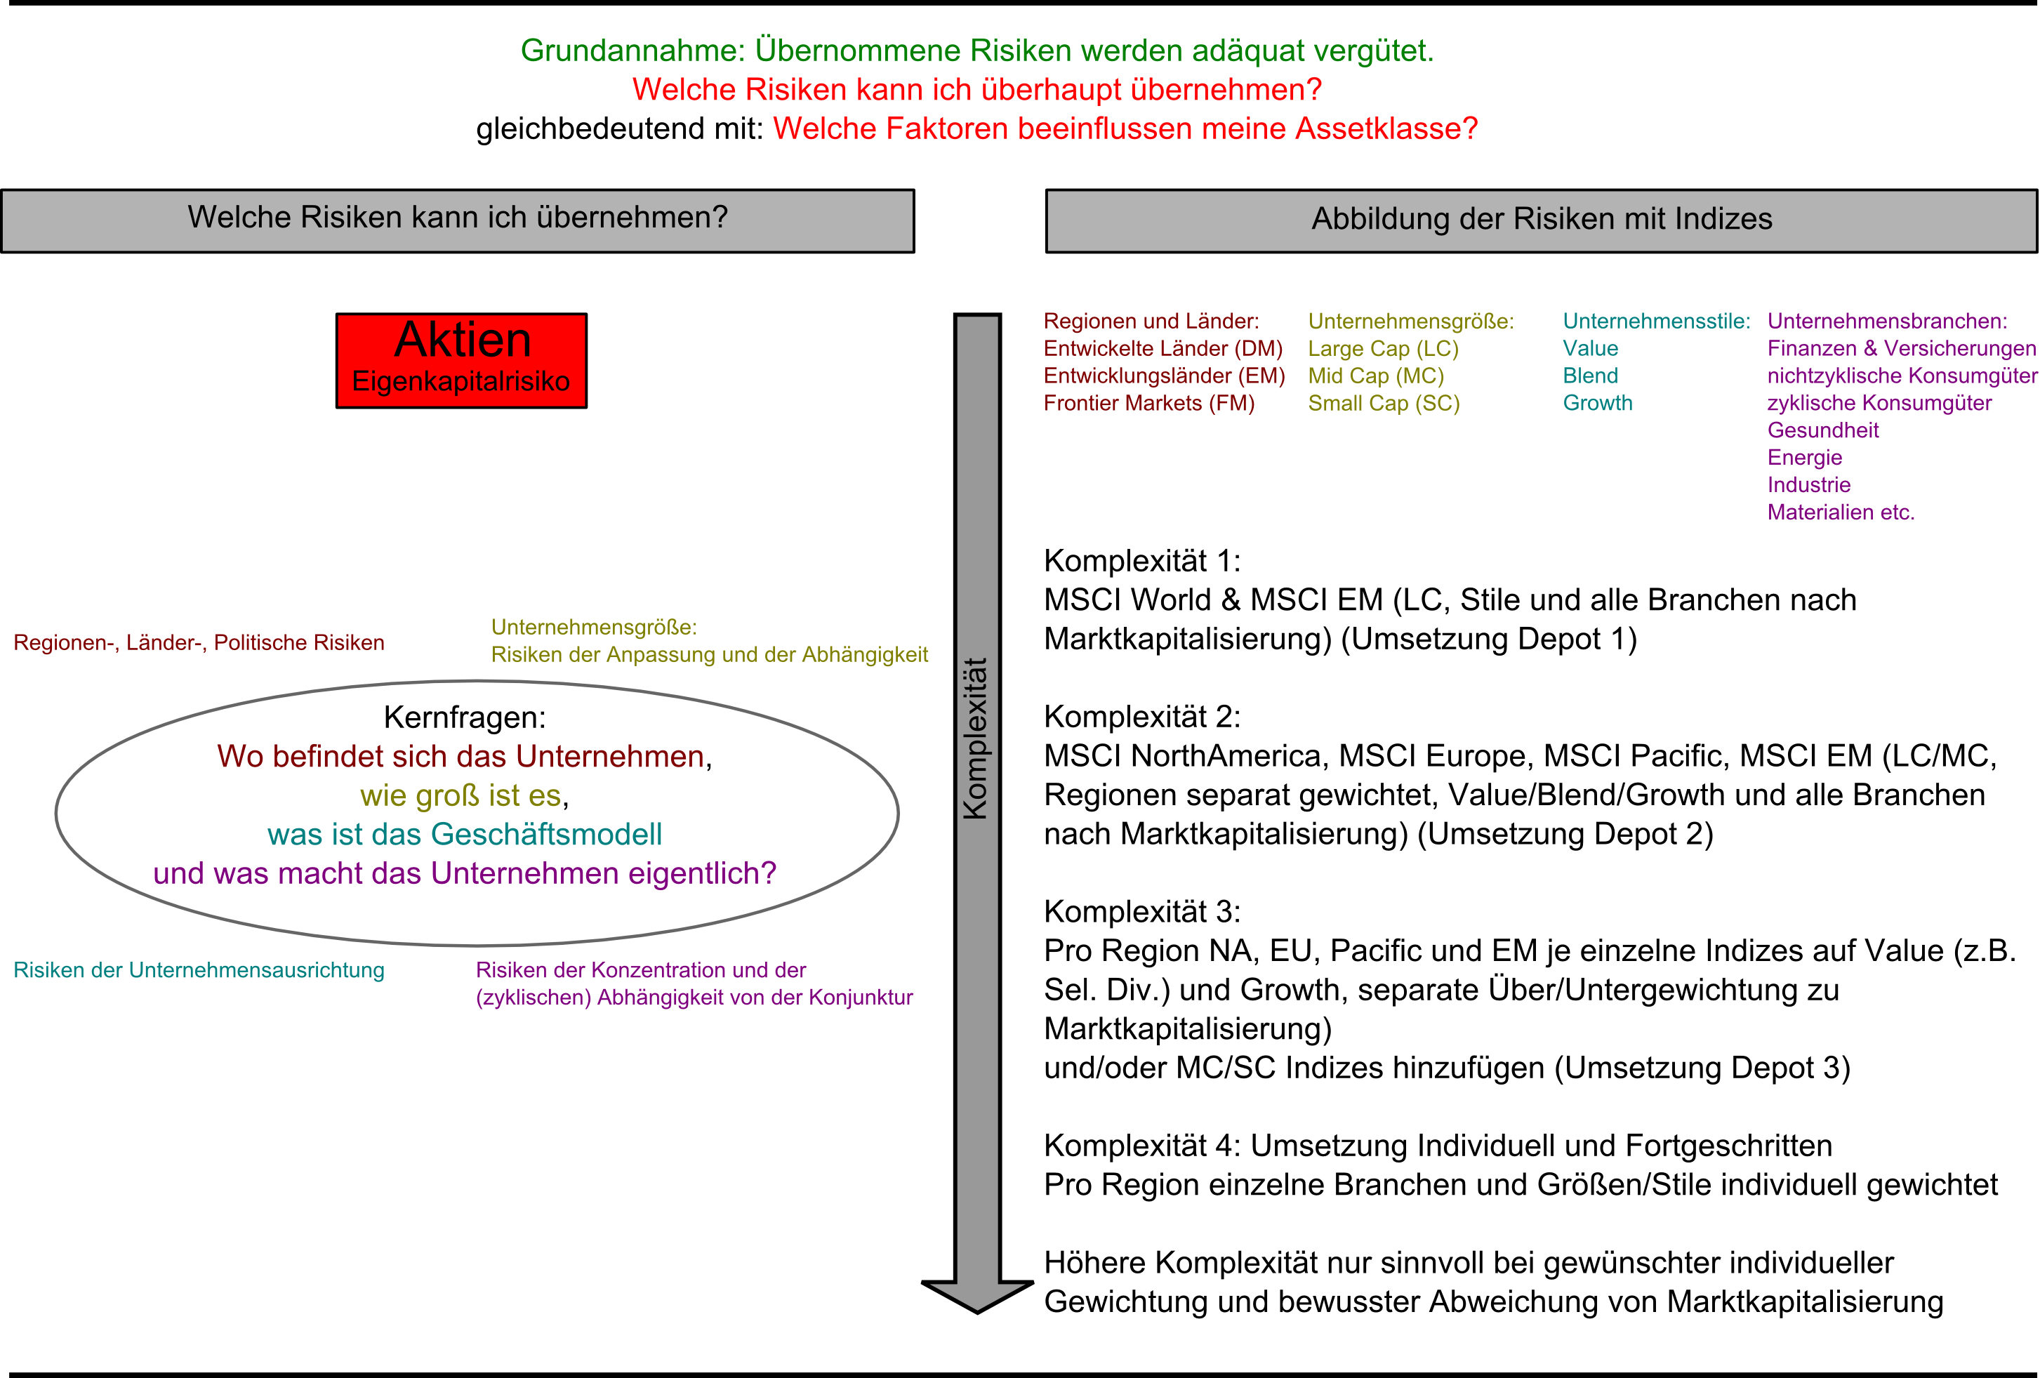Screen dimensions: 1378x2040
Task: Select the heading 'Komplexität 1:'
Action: pyautogui.click(x=1142, y=561)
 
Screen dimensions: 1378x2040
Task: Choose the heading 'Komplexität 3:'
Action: pyautogui.click(x=1142, y=912)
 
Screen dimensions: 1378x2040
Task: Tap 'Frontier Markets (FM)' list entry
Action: pyautogui.click(x=1149, y=404)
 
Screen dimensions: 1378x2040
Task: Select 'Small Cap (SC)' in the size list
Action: pyautogui.click(x=1384, y=404)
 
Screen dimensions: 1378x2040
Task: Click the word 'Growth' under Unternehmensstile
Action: pyautogui.click(x=1598, y=404)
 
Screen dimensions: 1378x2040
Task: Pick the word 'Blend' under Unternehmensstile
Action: pyautogui.click(x=1590, y=376)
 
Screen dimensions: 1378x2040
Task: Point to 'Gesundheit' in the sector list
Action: pyautogui.click(x=1823, y=431)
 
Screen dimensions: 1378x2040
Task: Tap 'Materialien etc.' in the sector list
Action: pyautogui.click(x=1841, y=512)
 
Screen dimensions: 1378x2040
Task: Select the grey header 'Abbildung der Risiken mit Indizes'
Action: pyautogui.click(x=1542, y=220)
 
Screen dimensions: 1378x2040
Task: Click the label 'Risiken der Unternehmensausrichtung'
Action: pyautogui.click(x=199, y=971)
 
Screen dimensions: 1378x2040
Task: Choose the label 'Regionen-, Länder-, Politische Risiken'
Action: pyautogui.click(x=199, y=643)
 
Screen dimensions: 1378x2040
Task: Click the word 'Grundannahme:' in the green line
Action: pyautogui.click(x=632, y=51)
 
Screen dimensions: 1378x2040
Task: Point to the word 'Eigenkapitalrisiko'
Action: pyautogui.click(x=461, y=382)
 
